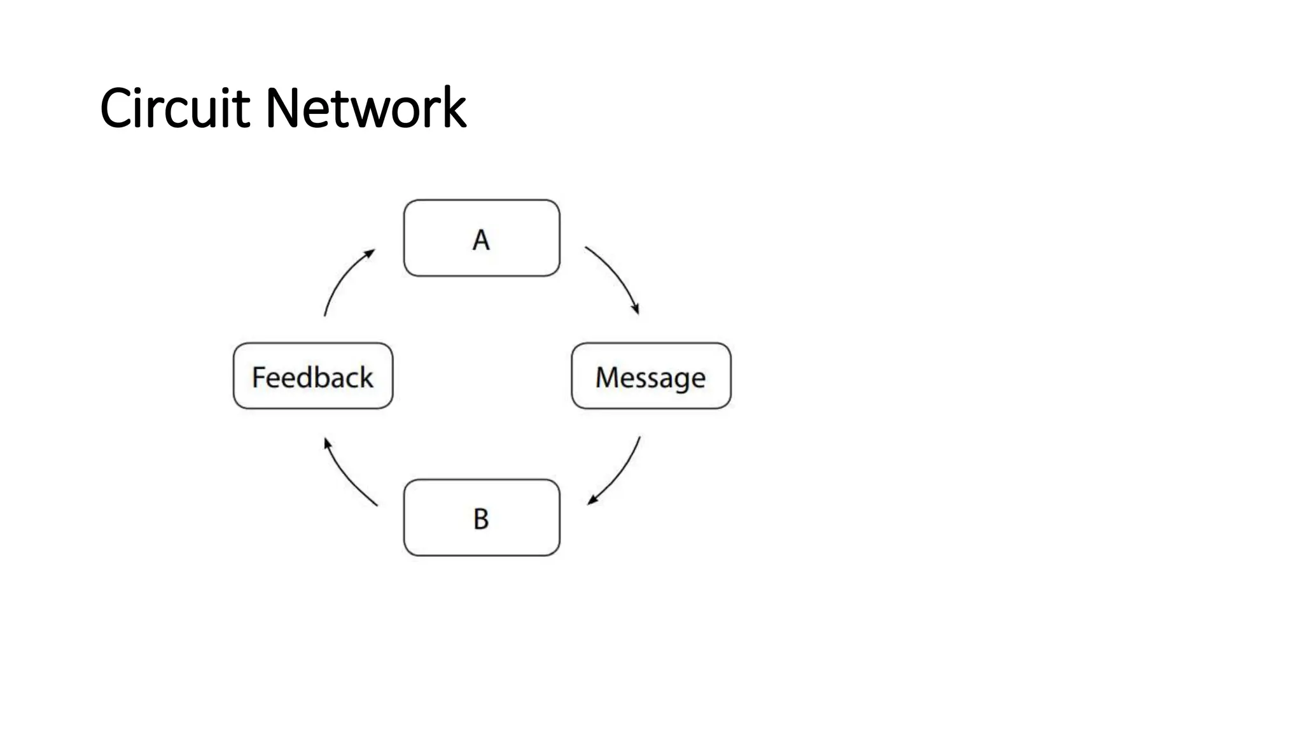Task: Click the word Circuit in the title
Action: click(x=174, y=108)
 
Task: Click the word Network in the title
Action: click(x=365, y=108)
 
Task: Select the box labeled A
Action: click(x=482, y=238)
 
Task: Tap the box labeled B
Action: click(x=482, y=517)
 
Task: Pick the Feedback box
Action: click(x=313, y=376)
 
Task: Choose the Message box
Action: click(x=651, y=376)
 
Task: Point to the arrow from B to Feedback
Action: click(x=347, y=476)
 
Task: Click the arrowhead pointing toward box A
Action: click(x=370, y=253)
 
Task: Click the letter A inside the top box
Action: click(x=481, y=240)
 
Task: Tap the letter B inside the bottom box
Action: click(x=481, y=519)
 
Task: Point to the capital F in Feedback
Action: click(x=259, y=377)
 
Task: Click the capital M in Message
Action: click(x=608, y=377)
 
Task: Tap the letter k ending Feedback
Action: click(x=365, y=377)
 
